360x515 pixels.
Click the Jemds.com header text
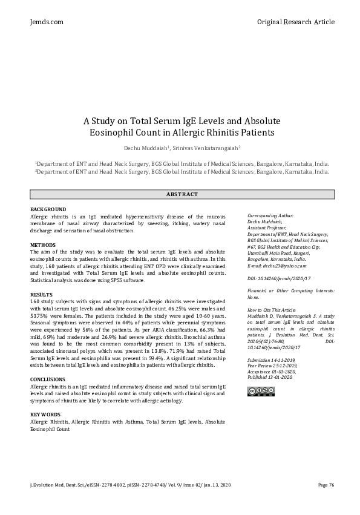pyautogui.click(x=46, y=22)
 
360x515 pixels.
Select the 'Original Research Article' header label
pyautogui.click(x=295, y=22)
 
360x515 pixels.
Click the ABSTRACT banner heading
pyautogui.click(x=182, y=194)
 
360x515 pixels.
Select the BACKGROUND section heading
pyautogui.click(x=48, y=209)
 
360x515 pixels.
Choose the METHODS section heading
pyautogui.click(x=42, y=244)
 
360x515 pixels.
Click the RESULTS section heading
pyautogui.click(x=41, y=294)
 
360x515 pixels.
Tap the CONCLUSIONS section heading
pyautogui.click(x=48, y=379)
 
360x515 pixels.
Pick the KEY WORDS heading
pyautogui.click(x=45, y=414)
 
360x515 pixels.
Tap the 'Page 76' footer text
pyautogui.click(x=326, y=485)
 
